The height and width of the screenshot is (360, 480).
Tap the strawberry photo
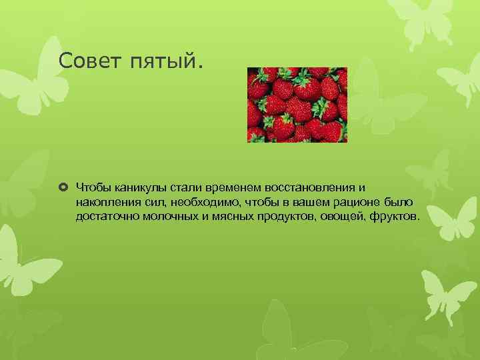(297, 105)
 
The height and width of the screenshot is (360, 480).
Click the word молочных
(171, 217)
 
